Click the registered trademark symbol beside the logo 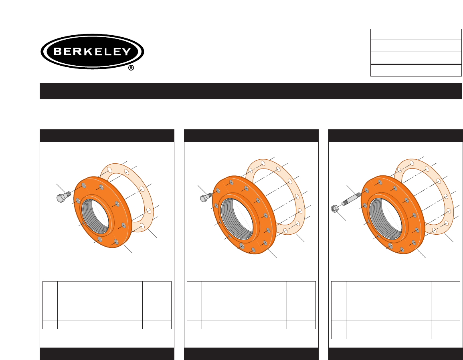[x=131, y=68]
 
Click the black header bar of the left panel [x=107, y=135]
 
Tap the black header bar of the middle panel [x=251, y=135]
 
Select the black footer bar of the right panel [x=395, y=354]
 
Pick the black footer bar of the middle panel [x=251, y=354]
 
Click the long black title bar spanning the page [x=251, y=91]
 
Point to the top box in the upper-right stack [x=415, y=34]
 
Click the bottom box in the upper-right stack [x=415, y=70]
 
